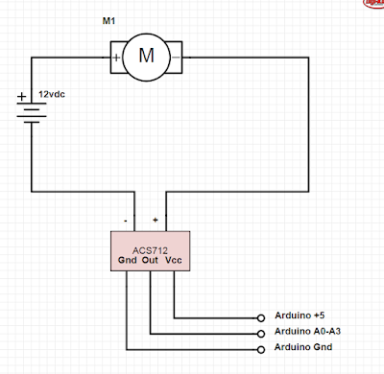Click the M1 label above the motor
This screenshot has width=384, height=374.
(x=108, y=20)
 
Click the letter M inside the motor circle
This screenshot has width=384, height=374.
(x=147, y=56)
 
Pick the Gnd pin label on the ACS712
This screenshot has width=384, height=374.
(x=127, y=260)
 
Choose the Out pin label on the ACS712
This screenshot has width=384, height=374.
(x=150, y=260)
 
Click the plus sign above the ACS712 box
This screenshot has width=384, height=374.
(x=155, y=220)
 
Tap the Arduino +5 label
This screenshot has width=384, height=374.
(x=299, y=316)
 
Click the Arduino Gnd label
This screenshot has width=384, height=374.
(x=301, y=347)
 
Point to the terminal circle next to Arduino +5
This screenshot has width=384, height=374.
(x=262, y=316)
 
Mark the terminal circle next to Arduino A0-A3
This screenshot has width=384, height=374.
(x=262, y=332)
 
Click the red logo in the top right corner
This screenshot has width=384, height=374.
(x=373, y=4)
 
